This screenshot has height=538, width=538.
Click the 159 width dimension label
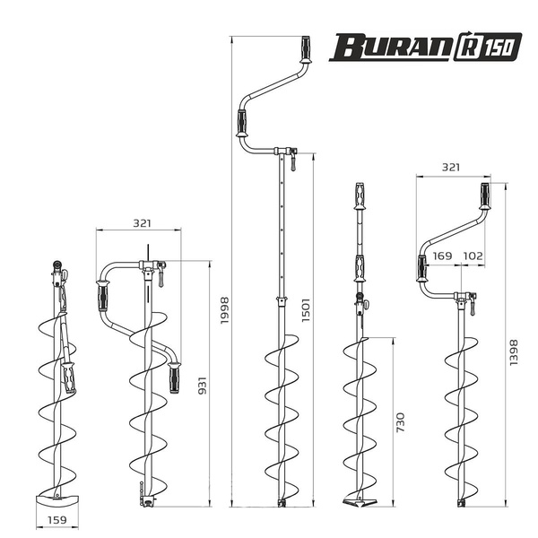[x=56, y=520]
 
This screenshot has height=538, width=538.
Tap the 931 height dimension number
[x=204, y=386]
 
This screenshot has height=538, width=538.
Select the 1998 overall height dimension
[x=224, y=310]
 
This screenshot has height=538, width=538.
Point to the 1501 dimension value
[x=306, y=310]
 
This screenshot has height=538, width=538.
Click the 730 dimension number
[x=401, y=422]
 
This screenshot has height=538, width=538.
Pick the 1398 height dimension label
[x=513, y=352]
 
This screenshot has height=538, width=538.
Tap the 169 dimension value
[x=442, y=256]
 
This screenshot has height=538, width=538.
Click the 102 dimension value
[x=473, y=256]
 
